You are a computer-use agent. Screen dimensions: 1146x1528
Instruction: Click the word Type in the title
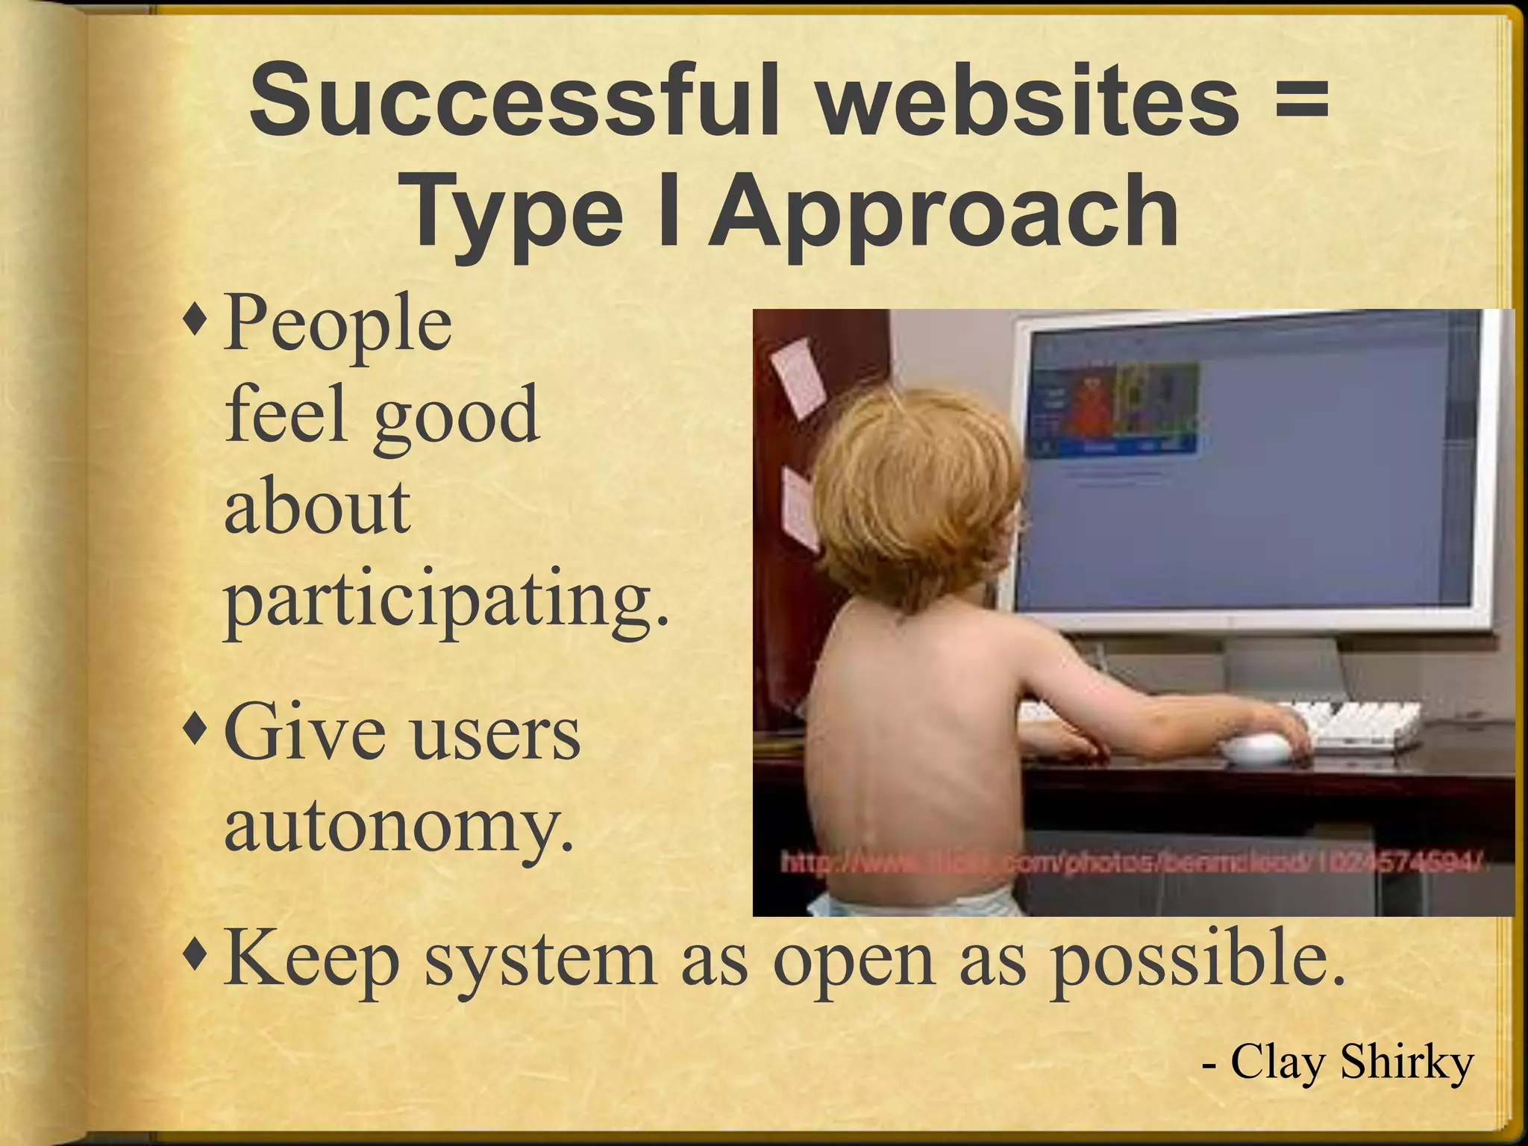516,213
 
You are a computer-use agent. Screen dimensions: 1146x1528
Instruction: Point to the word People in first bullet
338,325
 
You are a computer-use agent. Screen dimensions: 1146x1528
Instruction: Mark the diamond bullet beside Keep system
198,958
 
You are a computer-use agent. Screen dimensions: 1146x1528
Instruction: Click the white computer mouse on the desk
1260,747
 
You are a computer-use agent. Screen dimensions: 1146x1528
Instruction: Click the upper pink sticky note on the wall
798,377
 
